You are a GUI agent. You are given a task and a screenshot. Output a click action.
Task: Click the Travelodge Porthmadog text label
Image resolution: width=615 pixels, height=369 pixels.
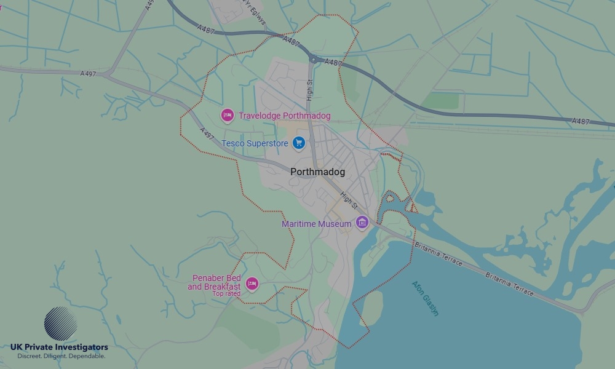coord(284,116)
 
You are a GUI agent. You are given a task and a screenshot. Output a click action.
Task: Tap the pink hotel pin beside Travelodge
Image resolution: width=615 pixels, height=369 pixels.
coord(228,115)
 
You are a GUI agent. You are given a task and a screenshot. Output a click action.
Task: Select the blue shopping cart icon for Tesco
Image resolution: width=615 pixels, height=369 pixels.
coord(299,143)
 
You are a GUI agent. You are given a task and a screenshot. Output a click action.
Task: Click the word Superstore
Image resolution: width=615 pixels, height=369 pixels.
coord(266,144)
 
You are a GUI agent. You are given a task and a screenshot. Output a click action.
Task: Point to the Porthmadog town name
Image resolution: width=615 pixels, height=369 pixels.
coord(317,172)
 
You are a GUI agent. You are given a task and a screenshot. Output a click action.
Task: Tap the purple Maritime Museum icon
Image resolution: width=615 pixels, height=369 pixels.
coord(362,223)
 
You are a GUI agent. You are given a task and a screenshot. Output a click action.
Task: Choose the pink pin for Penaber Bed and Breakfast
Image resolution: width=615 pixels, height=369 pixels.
coord(252,284)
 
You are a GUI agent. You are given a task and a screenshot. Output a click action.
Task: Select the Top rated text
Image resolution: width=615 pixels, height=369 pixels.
coord(226,294)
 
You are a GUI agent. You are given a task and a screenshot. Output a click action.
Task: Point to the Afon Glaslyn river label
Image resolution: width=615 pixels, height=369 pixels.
coord(426,298)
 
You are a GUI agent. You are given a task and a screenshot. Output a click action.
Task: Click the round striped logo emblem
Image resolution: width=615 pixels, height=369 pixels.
coord(60,323)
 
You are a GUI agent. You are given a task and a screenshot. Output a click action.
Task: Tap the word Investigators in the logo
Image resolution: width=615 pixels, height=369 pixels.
coord(79,347)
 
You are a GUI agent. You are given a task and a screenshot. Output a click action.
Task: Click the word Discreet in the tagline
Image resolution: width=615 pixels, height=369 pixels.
coord(30,356)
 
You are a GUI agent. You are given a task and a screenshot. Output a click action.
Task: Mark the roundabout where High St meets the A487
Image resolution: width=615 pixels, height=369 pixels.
coord(313,60)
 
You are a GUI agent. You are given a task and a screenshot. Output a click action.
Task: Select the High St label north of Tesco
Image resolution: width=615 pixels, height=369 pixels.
coord(309,90)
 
